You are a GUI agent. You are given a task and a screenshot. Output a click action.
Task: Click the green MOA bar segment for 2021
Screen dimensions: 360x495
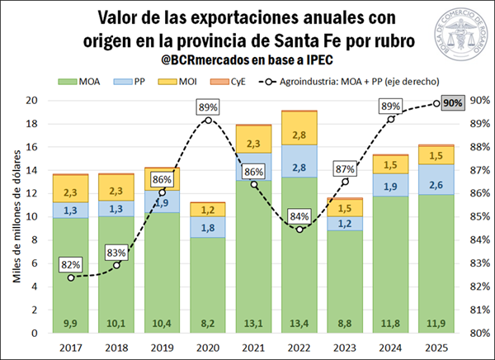254,248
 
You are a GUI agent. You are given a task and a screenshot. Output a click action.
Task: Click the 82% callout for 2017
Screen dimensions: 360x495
71,265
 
